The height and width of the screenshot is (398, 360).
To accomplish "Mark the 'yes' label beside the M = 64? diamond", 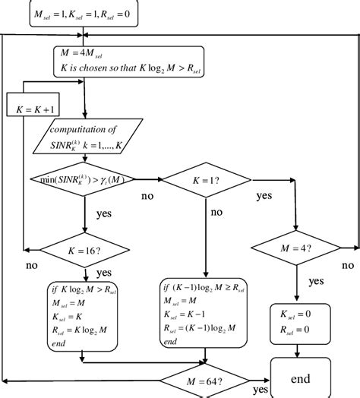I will pyautogui.click(x=261, y=389).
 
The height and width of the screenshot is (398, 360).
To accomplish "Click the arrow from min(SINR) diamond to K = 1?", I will pyautogui.click(x=149, y=181).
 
